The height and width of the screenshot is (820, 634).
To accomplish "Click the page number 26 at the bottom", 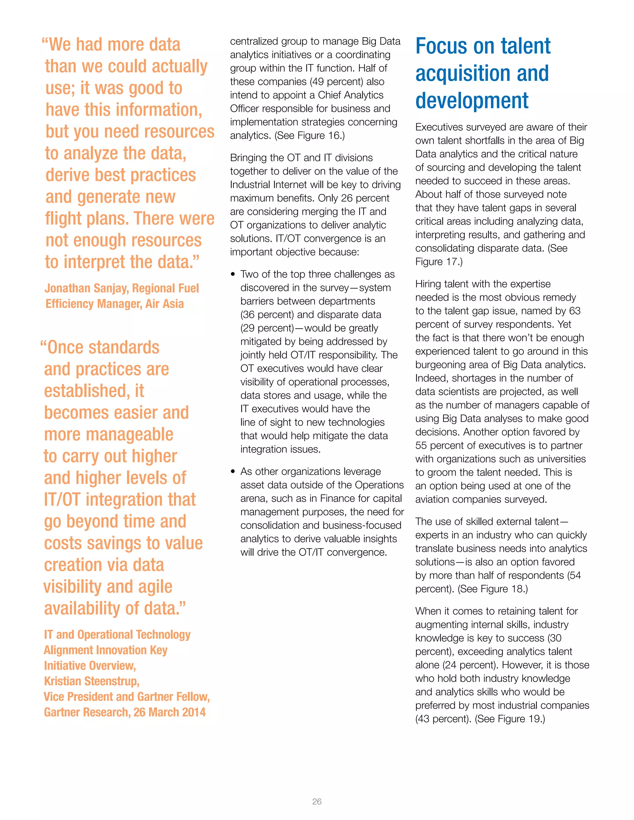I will click(317, 801).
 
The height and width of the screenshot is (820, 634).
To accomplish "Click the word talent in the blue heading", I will click(525, 46).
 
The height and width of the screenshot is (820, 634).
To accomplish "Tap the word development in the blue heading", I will click(472, 101).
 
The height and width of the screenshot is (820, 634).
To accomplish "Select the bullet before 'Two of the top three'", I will click(233, 274).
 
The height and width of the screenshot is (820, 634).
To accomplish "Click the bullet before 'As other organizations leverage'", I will click(233, 472).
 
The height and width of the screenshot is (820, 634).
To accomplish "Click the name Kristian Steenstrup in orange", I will click(91, 681).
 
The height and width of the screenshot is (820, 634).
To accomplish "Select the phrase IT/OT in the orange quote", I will click(62, 500).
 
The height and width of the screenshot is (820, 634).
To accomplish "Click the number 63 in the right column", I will click(574, 311).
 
